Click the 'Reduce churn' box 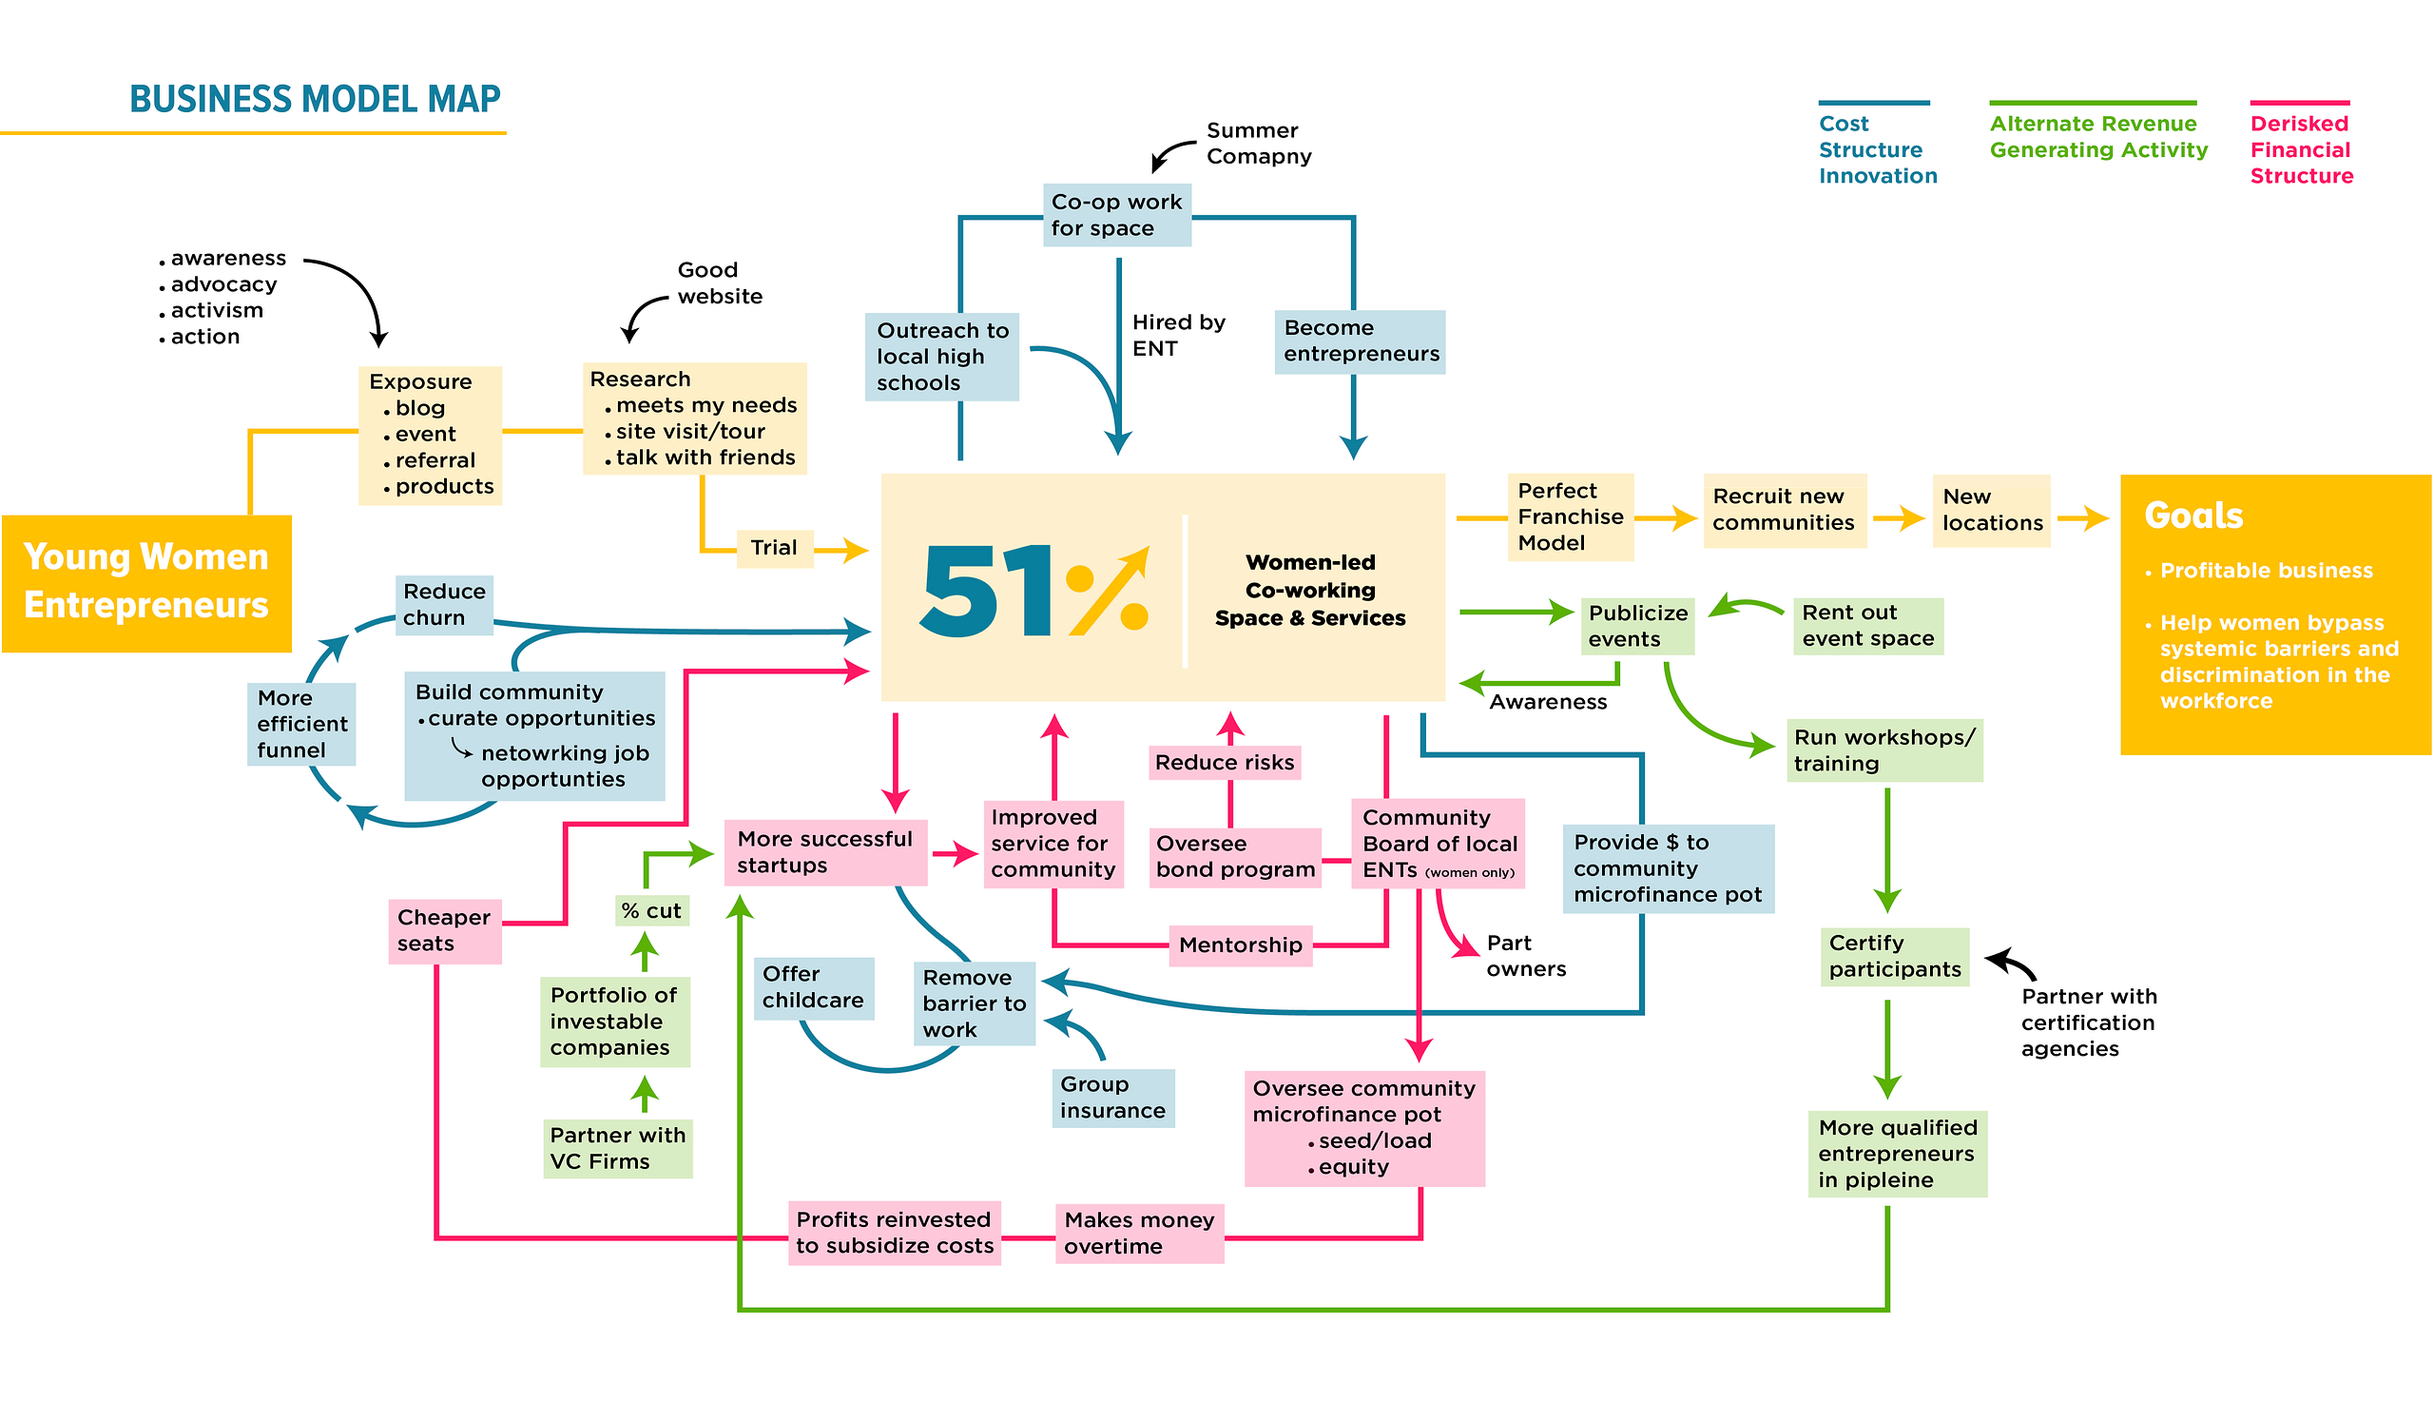[x=444, y=605]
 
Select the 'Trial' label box [x=775, y=548]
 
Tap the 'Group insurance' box [x=1112, y=1098]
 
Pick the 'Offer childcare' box [x=813, y=987]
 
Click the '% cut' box [x=652, y=910]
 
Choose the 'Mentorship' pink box [x=1240, y=944]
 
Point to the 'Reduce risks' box [x=1225, y=762]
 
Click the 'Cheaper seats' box [x=444, y=930]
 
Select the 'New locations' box [x=1991, y=510]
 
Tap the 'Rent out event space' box [x=1867, y=626]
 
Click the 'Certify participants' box [x=1894, y=956]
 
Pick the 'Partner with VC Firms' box [x=617, y=1149]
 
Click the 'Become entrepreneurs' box [x=1360, y=341]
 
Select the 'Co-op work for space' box [x=1116, y=214]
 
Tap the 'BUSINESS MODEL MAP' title [x=315, y=99]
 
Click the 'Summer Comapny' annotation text [x=1259, y=143]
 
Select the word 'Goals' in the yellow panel [x=2193, y=516]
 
